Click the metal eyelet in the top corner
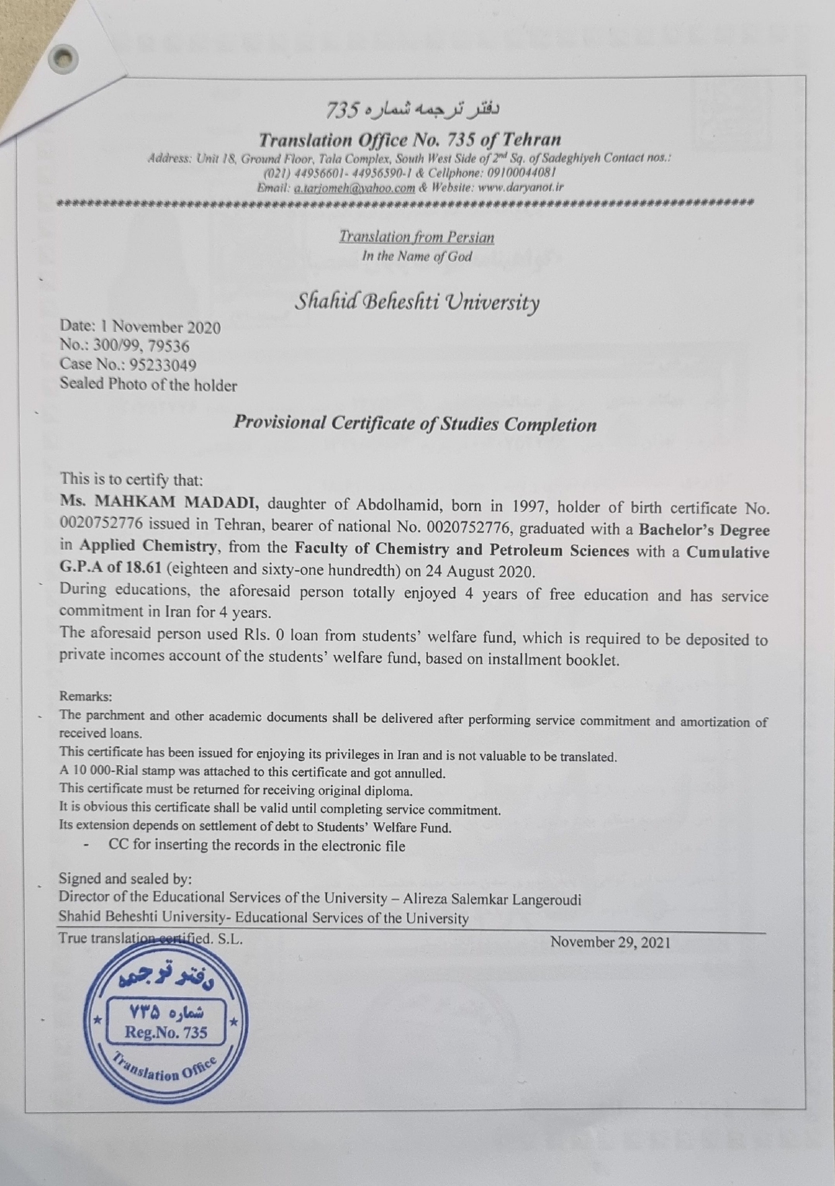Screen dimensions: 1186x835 point(63,58)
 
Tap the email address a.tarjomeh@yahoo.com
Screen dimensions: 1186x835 point(355,188)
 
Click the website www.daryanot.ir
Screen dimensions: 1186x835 point(520,187)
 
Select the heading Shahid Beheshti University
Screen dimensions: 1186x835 point(416,302)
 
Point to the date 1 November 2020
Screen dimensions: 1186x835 point(160,327)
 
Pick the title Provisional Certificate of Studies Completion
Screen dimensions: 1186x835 point(415,424)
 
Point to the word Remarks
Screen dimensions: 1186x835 point(85,696)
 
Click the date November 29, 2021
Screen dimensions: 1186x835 point(610,942)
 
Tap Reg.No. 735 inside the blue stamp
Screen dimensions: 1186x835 point(166,1032)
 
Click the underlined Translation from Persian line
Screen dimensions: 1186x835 point(416,237)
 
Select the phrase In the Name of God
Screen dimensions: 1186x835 point(416,256)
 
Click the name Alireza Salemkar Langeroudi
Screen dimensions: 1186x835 point(492,900)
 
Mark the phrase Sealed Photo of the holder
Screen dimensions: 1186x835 point(148,385)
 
